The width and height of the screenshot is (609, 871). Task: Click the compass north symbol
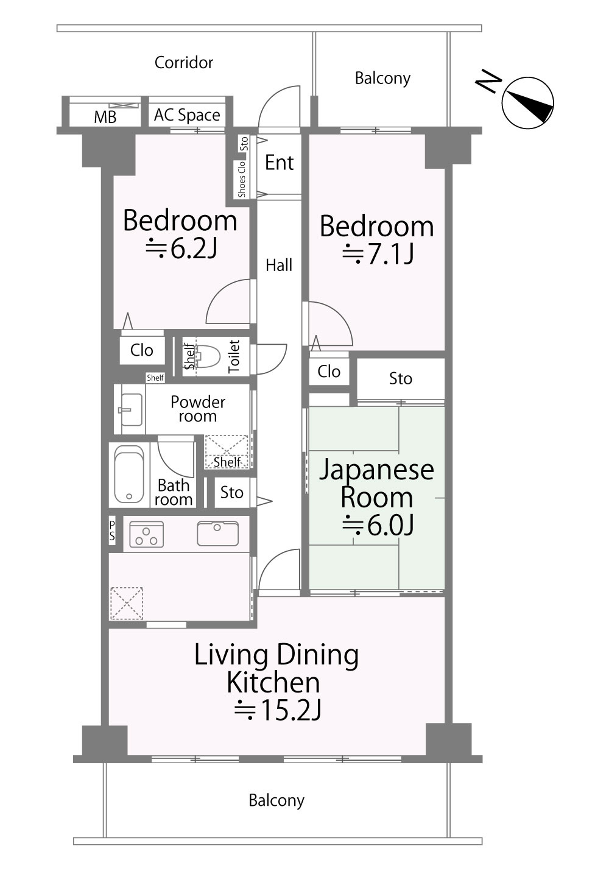point(528,104)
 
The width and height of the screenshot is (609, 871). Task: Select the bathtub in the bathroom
point(129,474)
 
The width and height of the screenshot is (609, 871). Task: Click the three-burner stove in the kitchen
point(147,534)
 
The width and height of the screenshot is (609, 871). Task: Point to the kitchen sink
point(218,534)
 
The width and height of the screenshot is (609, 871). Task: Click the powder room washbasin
point(131,408)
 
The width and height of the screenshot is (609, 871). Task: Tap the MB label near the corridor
point(105,116)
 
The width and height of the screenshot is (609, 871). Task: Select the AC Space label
point(187,115)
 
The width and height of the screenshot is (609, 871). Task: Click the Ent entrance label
point(280,163)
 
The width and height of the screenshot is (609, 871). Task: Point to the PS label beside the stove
point(112,531)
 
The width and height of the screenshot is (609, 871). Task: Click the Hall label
point(279,266)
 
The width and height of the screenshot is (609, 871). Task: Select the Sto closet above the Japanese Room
point(401,379)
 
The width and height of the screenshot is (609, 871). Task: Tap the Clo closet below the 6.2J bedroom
point(142,350)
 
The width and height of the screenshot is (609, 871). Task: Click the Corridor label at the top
point(184,62)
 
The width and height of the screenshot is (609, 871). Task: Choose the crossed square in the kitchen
point(127,603)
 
